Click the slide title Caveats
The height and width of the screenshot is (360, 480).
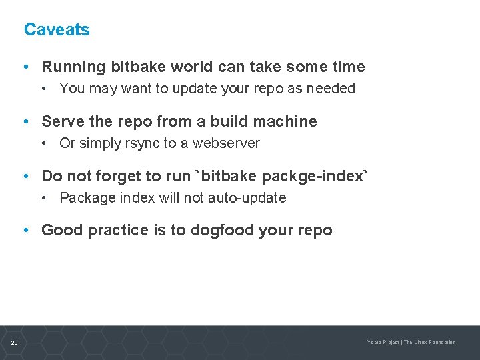point(57,30)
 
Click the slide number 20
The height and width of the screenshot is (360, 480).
point(14,343)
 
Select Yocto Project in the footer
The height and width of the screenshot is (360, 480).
point(383,343)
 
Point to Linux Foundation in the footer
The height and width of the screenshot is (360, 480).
point(435,343)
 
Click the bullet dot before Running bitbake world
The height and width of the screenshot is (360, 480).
point(25,67)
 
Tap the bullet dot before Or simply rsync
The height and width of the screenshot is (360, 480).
point(43,143)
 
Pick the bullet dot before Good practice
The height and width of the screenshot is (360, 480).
point(25,231)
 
